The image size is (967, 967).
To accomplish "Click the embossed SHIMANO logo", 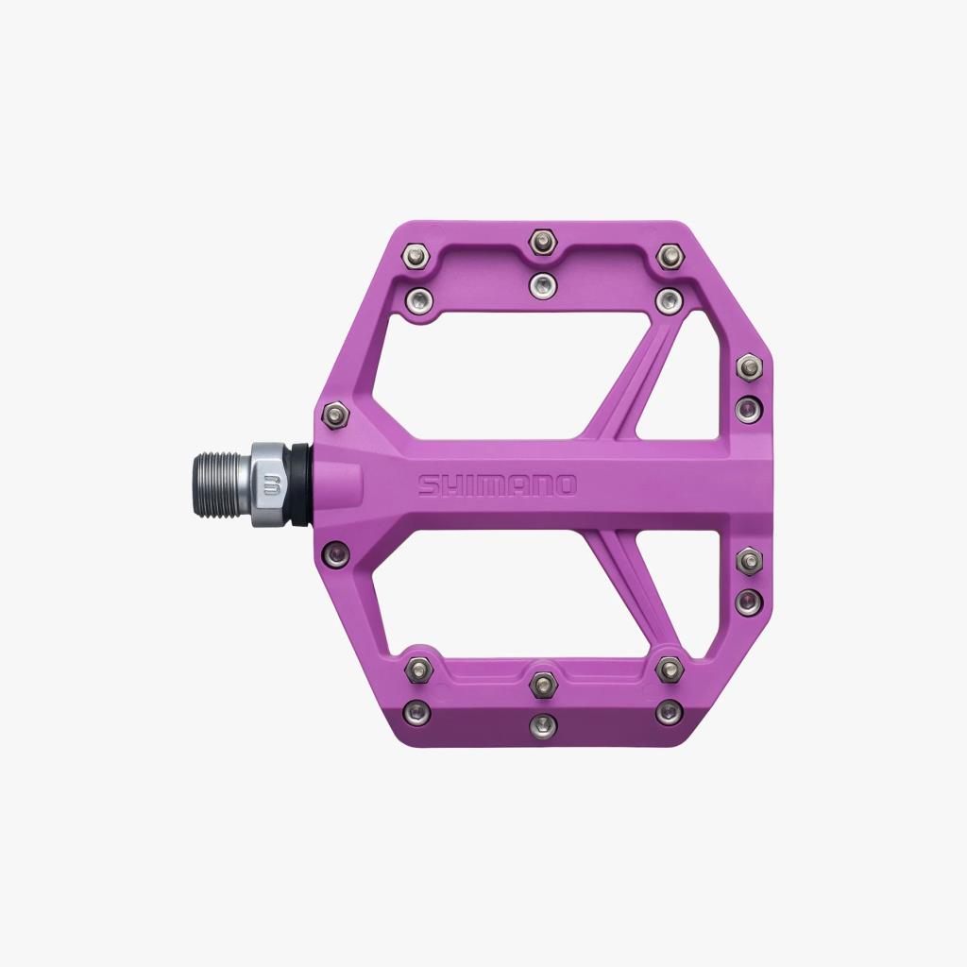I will click(x=497, y=485).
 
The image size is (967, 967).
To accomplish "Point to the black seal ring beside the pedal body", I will click(x=299, y=483).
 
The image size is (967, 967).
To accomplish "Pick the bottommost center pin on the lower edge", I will click(x=542, y=725).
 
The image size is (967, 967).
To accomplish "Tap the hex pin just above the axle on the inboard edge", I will click(x=335, y=415).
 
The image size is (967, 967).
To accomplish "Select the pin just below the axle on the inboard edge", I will click(x=336, y=551).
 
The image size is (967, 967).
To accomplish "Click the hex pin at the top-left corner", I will click(x=415, y=255).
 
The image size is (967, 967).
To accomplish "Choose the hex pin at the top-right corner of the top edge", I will click(x=670, y=255).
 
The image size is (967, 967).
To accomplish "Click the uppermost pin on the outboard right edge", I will click(x=749, y=366).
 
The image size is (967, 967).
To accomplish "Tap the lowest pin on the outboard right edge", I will click(x=749, y=602).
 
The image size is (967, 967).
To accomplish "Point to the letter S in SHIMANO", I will click(x=430, y=485).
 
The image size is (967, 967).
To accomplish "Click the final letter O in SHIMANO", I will click(x=564, y=485).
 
